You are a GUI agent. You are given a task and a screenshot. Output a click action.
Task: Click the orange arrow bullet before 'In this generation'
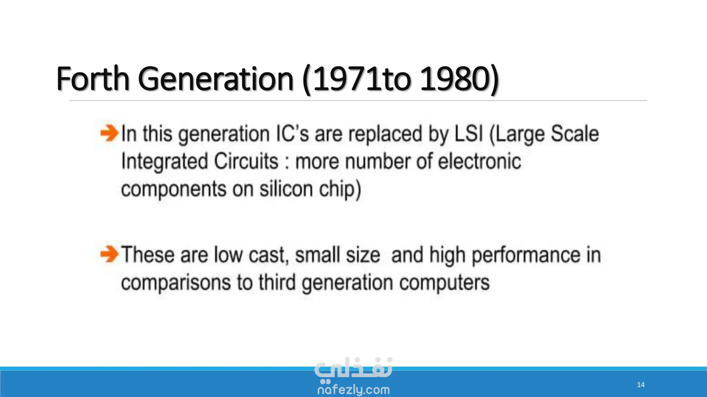coord(109,133)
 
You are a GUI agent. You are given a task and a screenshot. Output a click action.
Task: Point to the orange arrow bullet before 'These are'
coord(109,254)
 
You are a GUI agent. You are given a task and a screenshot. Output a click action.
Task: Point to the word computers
coord(444,283)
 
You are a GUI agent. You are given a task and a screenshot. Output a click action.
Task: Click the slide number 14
coord(641,385)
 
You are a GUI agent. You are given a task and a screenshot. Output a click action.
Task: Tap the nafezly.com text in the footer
coord(353,390)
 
